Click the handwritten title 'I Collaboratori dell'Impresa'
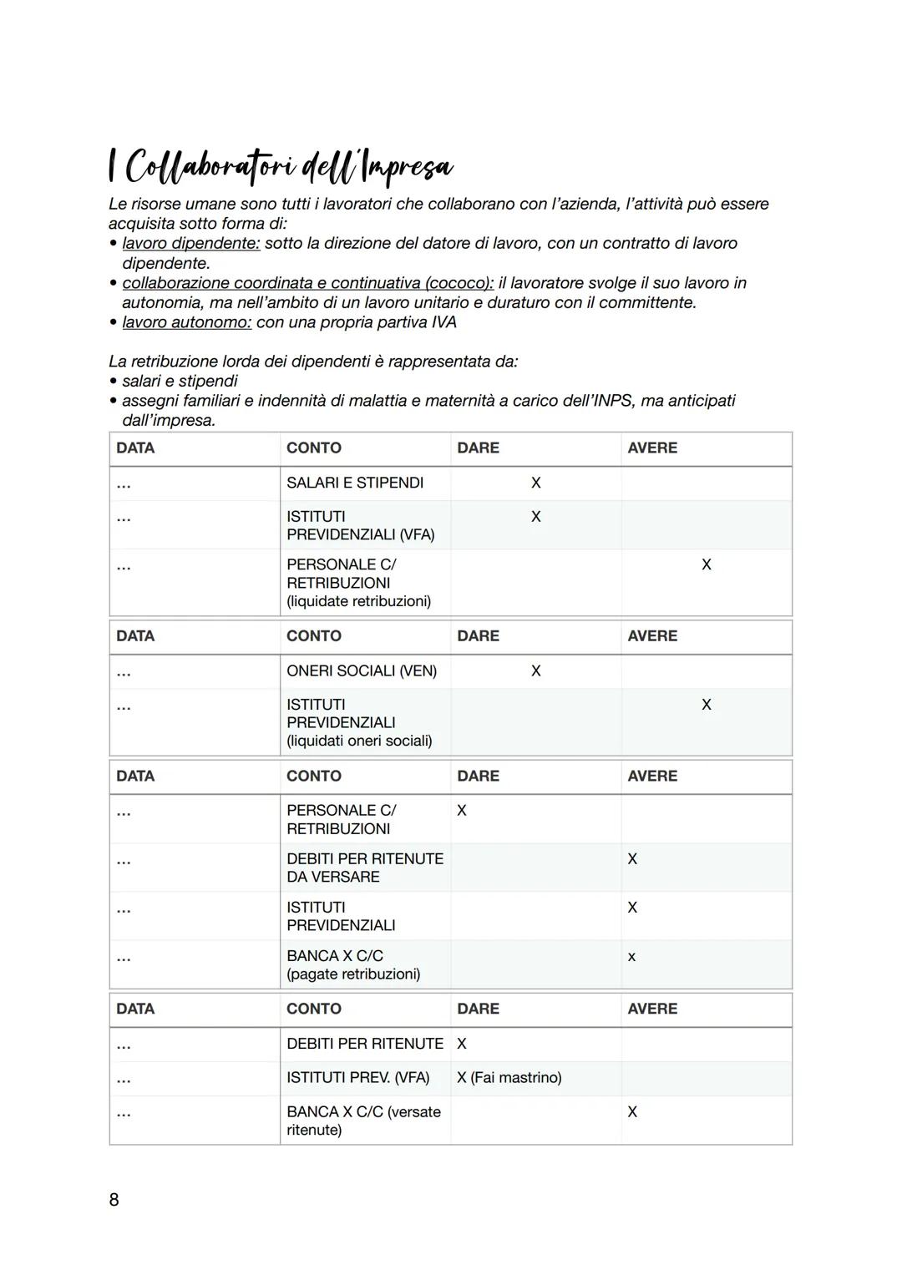pyautogui.click(x=281, y=167)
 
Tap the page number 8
pyautogui.click(x=114, y=1200)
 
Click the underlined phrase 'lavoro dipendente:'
pyautogui.click(x=191, y=243)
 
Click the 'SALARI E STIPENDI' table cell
pyautogui.click(x=355, y=483)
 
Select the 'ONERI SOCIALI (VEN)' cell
pyautogui.click(x=362, y=670)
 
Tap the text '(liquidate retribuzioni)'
pyautogui.click(x=359, y=601)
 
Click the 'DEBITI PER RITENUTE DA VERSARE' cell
pyautogui.click(x=365, y=868)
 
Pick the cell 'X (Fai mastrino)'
pyautogui.click(x=509, y=1078)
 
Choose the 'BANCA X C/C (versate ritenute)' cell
pyautogui.click(x=363, y=1121)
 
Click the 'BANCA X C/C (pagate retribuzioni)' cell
pyautogui.click(x=353, y=964)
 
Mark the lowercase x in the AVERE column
pyautogui.click(x=631, y=957)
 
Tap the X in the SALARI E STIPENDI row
pyautogui.click(x=536, y=483)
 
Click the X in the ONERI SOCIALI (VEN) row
pyautogui.click(x=536, y=670)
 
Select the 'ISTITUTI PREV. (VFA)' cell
pyautogui.click(x=357, y=1078)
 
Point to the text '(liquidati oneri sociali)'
pyautogui.click(x=359, y=741)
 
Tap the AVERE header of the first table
pyautogui.click(x=652, y=448)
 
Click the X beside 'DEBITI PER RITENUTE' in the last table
pyautogui.click(x=462, y=1044)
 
